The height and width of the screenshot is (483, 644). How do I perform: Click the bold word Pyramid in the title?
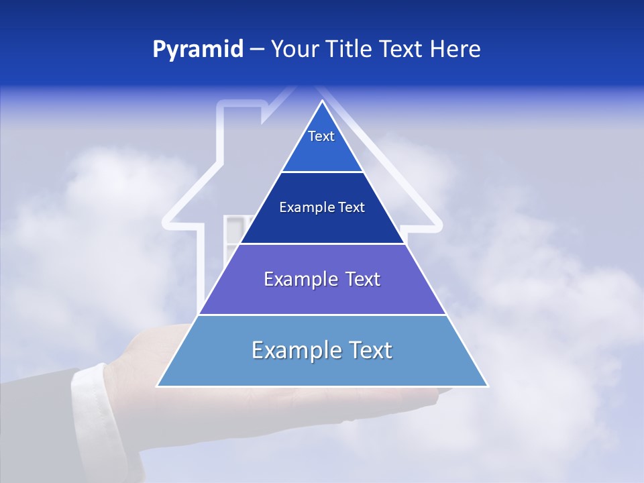[x=198, y=49]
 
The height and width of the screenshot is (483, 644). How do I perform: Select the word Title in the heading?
[x=350, y=49]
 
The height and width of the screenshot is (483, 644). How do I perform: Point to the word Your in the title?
[x=294, y=49]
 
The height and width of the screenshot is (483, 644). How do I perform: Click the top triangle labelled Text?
[x=321, y=144]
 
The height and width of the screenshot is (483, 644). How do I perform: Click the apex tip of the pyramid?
[x=323, y=102]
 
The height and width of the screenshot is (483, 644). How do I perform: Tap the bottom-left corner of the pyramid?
[x=158, y=386]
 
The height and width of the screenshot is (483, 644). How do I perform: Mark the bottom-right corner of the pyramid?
[x=487, y=386]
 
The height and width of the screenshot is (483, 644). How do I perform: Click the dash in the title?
[x=257, y=49]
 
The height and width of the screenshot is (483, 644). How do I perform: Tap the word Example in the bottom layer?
[x=297, y=350]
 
